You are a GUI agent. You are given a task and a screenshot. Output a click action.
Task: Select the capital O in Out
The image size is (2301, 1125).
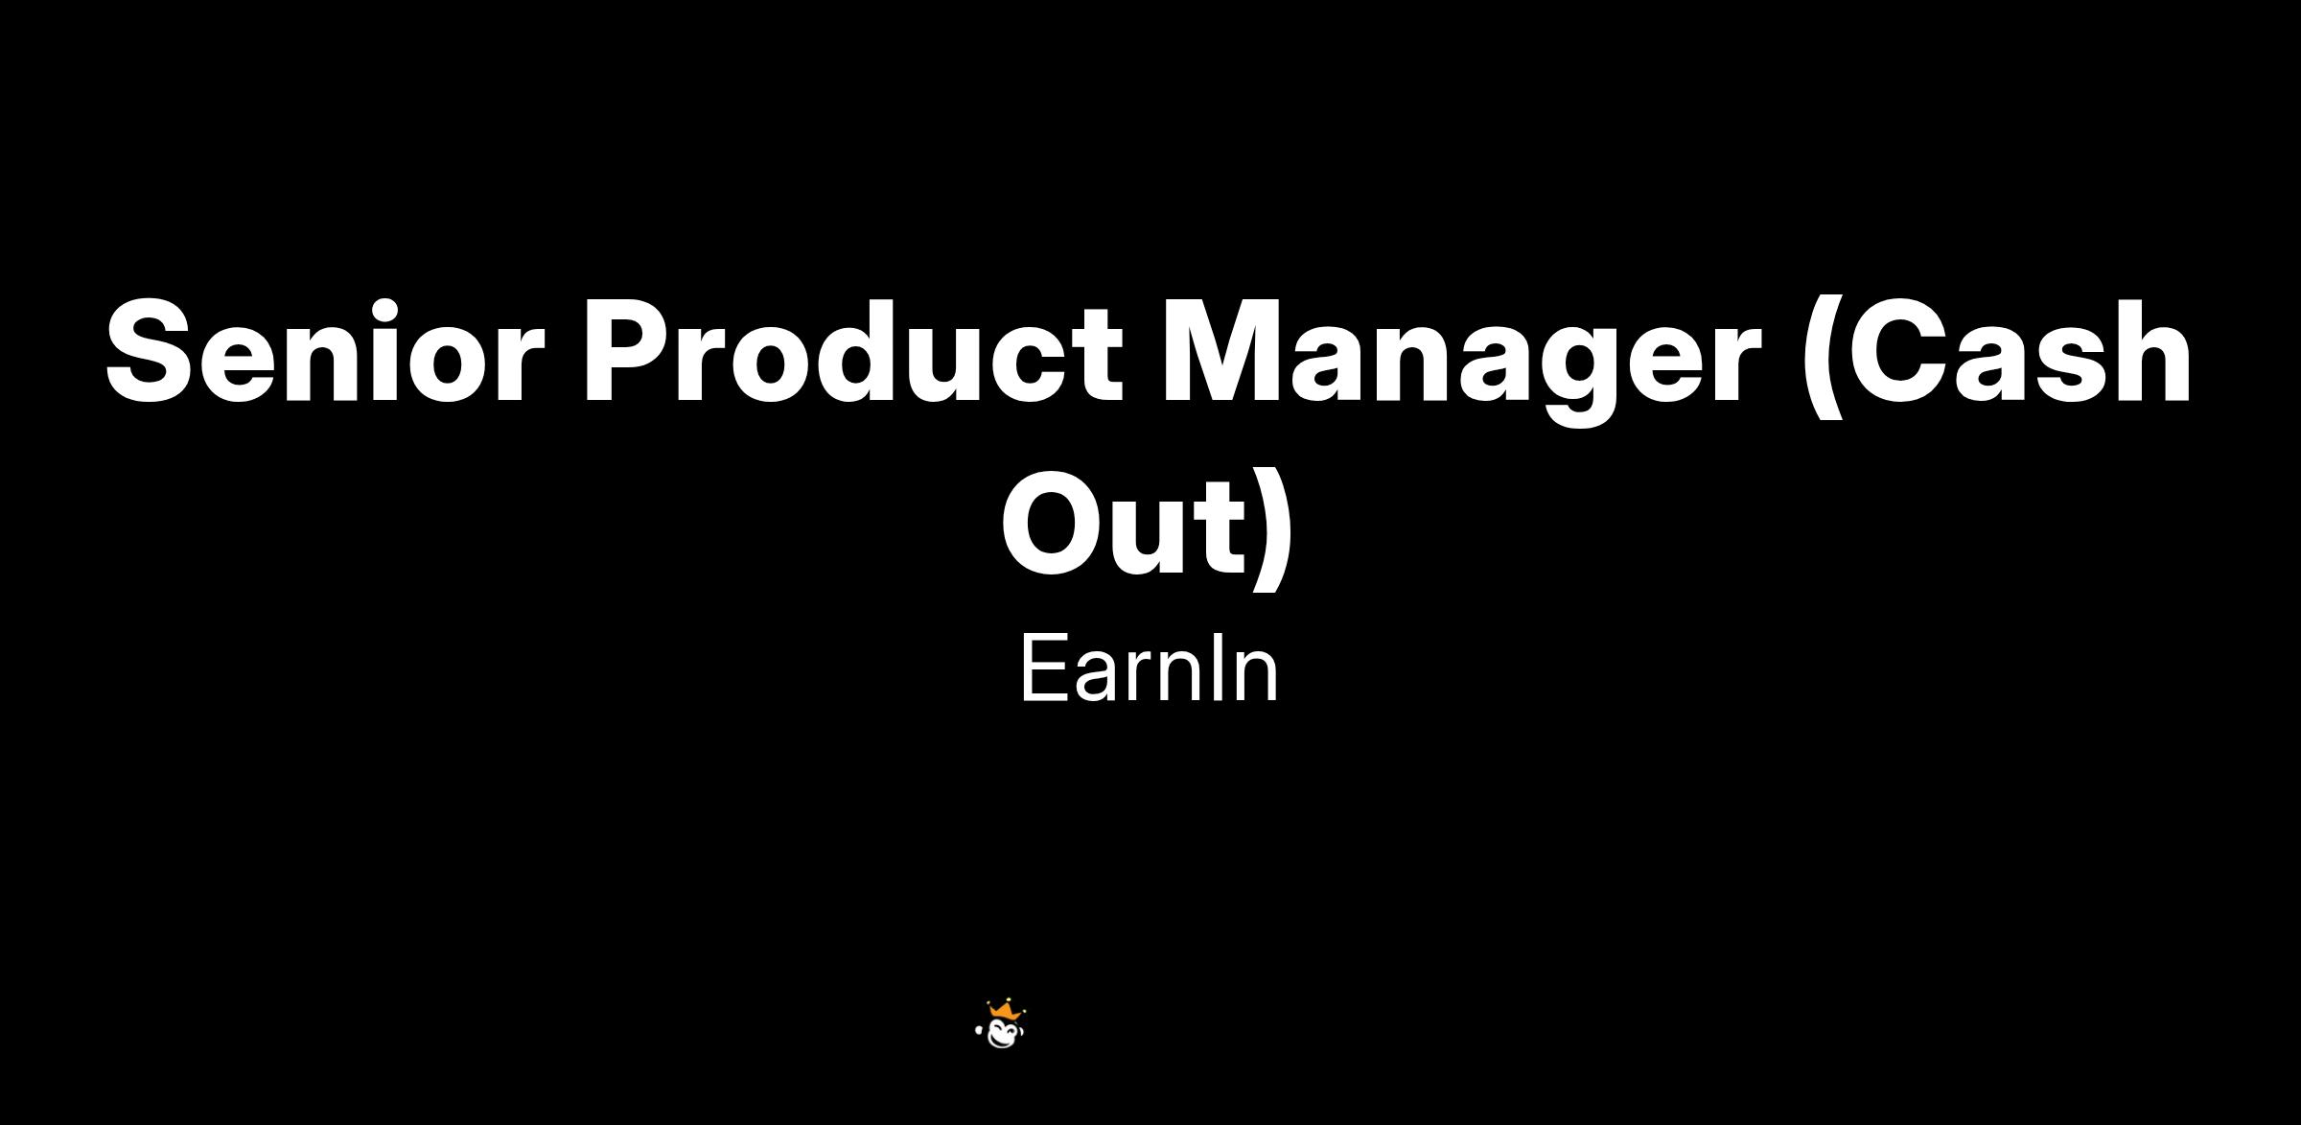[1054, 523]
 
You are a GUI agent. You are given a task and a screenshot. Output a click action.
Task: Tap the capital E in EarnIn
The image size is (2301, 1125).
[1042, 668]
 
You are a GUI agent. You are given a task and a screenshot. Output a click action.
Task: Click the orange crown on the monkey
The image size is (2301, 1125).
[1004, 1010]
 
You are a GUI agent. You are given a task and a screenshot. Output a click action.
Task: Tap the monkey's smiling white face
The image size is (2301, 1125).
[1005, 1033]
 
